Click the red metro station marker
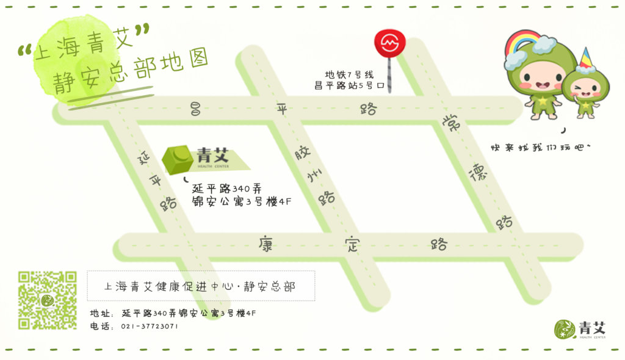(389, 44)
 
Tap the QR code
(47, 300)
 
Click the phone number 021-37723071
(150, 326)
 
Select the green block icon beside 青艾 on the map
(178, 159)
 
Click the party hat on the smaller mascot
(585, 59)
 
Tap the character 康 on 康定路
(265, 245)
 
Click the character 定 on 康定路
(352, 245)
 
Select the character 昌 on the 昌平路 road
(196, 109)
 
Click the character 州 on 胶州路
(314, 176)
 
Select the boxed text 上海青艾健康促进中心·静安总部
(200, 286)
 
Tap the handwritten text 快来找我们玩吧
(541, 148)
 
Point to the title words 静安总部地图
(131, 73)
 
